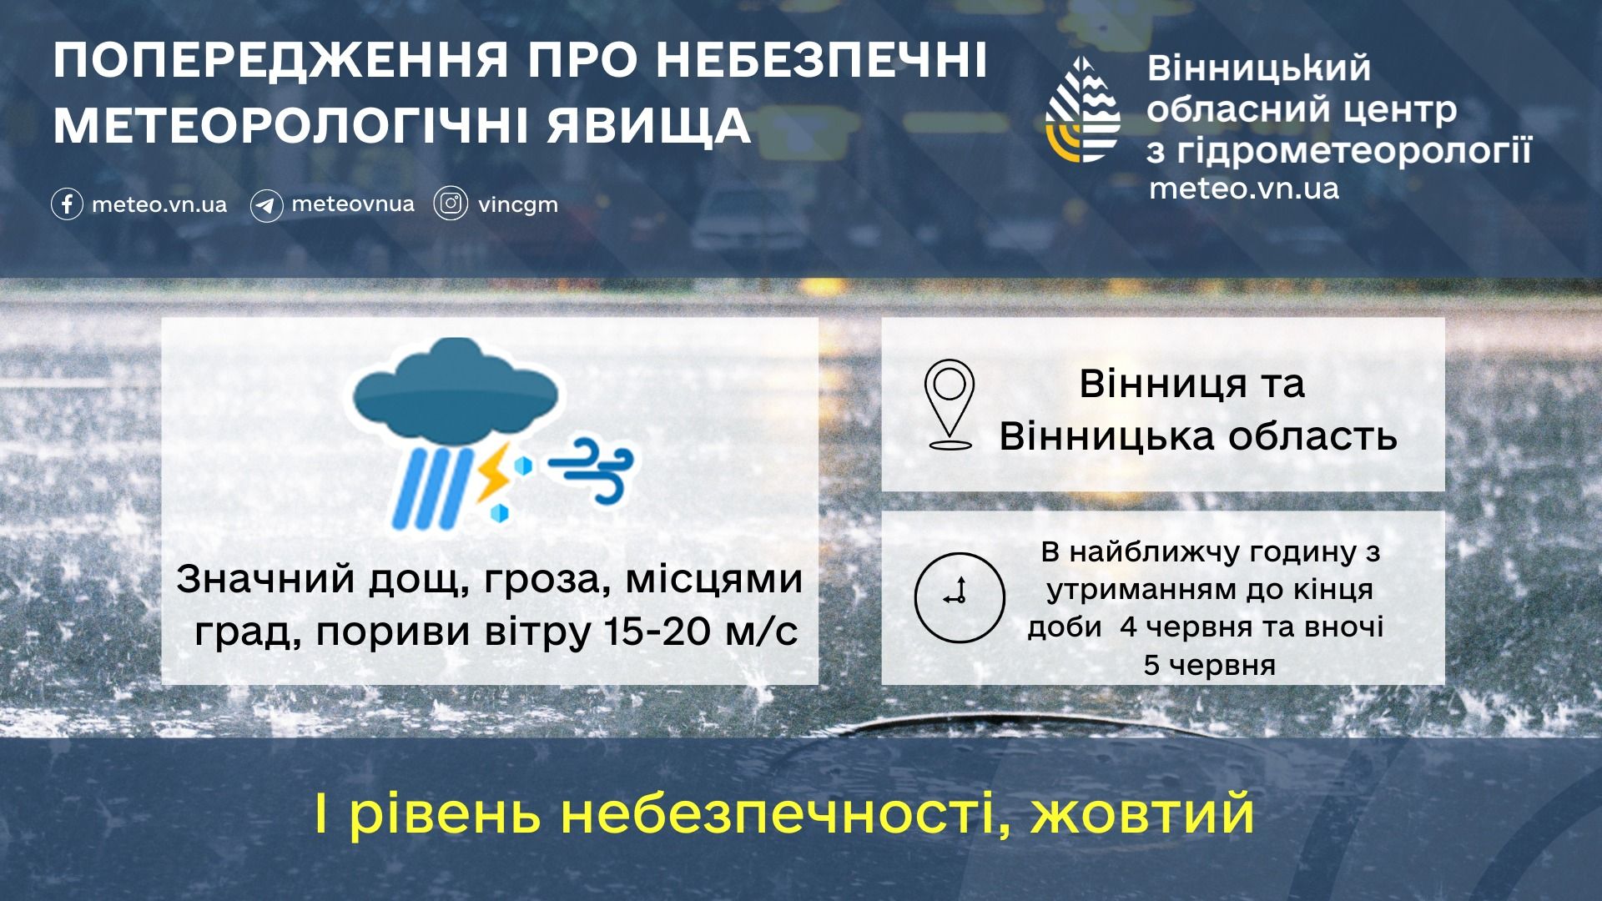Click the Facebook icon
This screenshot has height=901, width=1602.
(67, 204)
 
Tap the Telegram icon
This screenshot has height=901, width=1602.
(266, 205)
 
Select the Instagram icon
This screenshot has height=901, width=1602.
(451, 204)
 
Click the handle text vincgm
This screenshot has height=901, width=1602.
(517, 205)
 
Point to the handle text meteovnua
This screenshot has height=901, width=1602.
(353, 204)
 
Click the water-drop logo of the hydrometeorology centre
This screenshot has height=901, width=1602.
(1083, 109)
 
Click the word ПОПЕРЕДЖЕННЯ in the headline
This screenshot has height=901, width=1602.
(281, 60)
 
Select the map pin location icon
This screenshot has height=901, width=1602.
(950, 405)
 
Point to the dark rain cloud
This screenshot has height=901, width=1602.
(455, 391)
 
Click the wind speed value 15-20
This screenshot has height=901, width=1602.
(657, 631)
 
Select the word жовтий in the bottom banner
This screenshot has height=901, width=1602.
(1142, 813)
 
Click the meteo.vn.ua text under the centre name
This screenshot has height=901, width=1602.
(1244, 189)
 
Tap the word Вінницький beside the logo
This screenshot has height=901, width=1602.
(1259, 68)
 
